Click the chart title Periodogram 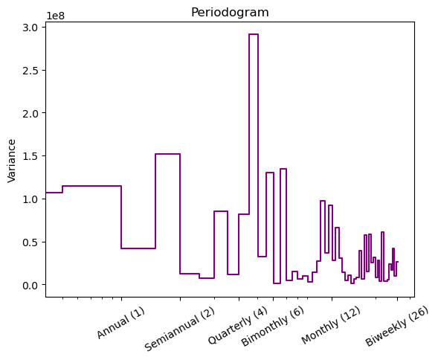pos(230,13)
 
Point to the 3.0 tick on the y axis pos(31,28)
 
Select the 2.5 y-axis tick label pos(31,71)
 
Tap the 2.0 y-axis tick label pos(31,113)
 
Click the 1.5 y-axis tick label pos(31,156)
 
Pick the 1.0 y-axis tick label pos(31,199)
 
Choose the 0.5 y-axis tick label pos(31,242)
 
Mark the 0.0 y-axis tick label pos(31,286)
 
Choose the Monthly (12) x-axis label pos(331,326)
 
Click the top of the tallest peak pos(253,34)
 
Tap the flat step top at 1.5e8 pos(167,154)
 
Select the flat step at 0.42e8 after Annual pos(138,248)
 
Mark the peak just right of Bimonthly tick pos(283,169)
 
